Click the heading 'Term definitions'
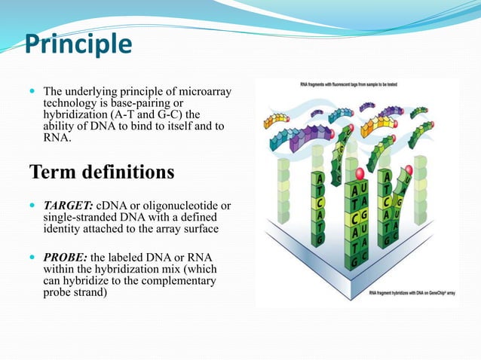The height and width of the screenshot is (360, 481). (x=101, y=172)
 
